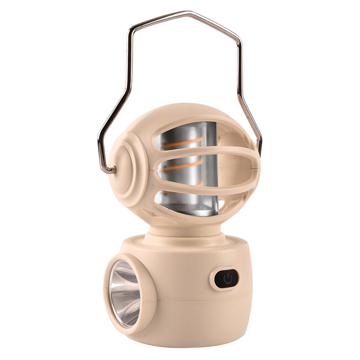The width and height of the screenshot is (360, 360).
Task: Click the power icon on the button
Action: pos(228,278)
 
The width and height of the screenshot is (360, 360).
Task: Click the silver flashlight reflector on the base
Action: pos(124,292)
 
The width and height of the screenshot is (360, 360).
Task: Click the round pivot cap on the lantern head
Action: pos(123,168)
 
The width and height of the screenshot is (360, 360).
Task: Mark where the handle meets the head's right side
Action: pos(260,150)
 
